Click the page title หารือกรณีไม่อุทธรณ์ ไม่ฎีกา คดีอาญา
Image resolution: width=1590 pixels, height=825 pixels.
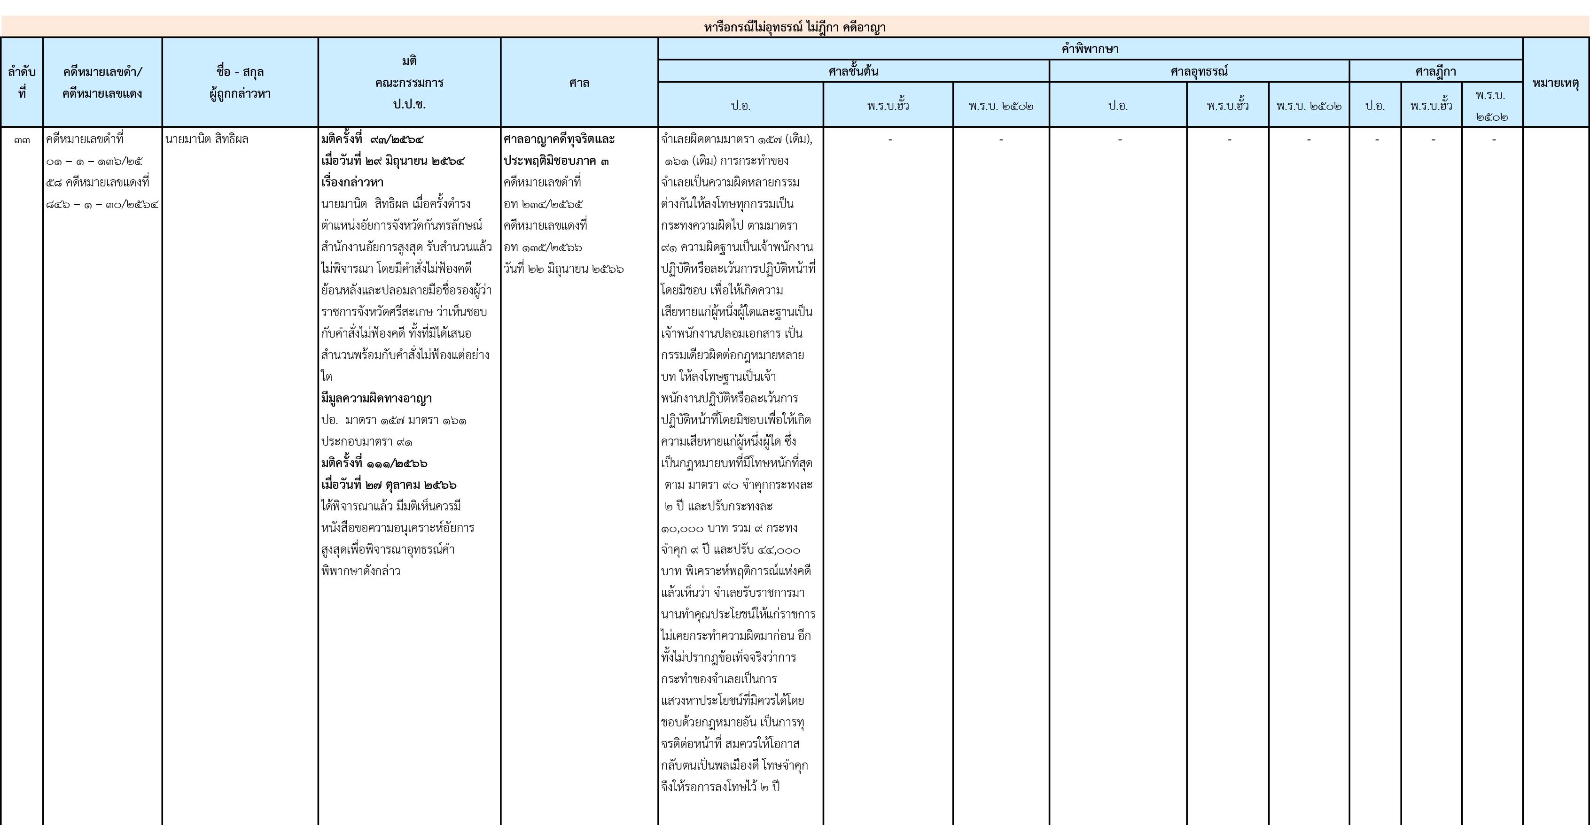click(x=795, y=27)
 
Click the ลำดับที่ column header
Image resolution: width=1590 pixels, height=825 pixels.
click(x=22, y=83)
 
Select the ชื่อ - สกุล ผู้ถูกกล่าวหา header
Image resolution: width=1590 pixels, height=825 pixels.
click(x=240, y=83)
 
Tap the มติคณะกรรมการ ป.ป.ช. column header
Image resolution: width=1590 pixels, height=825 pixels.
click(x=409, y=83)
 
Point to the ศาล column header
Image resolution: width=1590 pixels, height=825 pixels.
click(x=579, y=83)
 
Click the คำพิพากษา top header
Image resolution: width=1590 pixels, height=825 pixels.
click(x=1090, y=49)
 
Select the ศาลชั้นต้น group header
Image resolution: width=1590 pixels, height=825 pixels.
click(x=854, y=71)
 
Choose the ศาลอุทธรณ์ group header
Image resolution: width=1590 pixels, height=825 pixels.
click(x=1199, y=71)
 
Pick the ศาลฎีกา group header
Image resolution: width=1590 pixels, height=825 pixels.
click(x=1436, y=71)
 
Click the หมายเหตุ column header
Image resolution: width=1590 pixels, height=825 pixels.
click(x=1555, y=83)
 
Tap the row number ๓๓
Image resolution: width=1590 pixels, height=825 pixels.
click(x=22, y=140)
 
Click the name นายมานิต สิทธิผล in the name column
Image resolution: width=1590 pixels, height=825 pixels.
click(x=207, y=139)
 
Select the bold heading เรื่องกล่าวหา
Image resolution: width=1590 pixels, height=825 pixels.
click(x=352, y=183)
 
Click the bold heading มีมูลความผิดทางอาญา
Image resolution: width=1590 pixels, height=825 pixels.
click(x=376, y=399)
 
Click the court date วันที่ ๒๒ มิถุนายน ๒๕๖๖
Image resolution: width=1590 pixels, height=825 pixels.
click(x=563, y=269)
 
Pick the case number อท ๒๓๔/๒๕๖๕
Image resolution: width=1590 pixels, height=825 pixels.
click(x=543, y=204)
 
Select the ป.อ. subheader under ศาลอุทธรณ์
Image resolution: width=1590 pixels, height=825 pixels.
click(x=1118, y=106)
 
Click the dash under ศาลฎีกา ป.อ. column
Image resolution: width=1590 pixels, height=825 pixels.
click(x=1376, y=140)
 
